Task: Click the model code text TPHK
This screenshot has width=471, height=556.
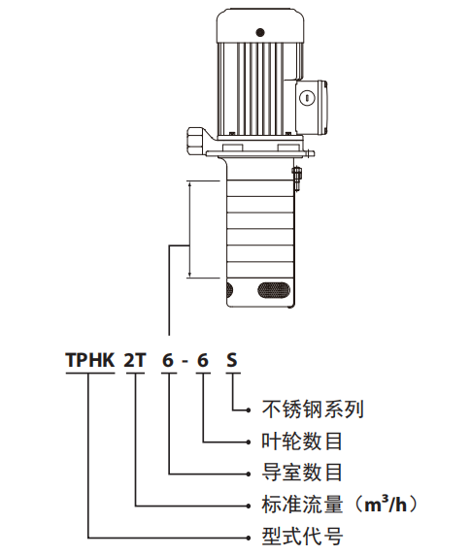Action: [x=90, y=360]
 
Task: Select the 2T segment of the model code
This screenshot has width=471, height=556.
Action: [x=135, y=360]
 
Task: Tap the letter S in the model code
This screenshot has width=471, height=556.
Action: [x=231, y=360]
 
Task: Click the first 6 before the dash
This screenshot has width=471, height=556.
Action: [x=168, y=360]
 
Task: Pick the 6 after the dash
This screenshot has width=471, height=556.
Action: [x=202, y=360]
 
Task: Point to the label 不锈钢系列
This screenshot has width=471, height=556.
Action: [x=313, y=409]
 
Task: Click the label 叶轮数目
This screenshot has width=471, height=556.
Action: [x=302, y=442]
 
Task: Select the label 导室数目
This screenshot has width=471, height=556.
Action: [x=302, y=473]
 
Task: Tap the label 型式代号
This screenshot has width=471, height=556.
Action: [x=302, y=536]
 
